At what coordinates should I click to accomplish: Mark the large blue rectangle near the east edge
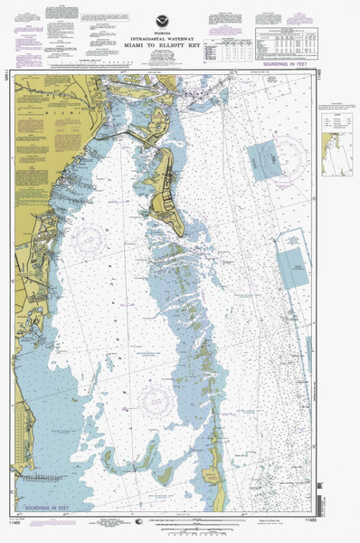pos(295,258)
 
